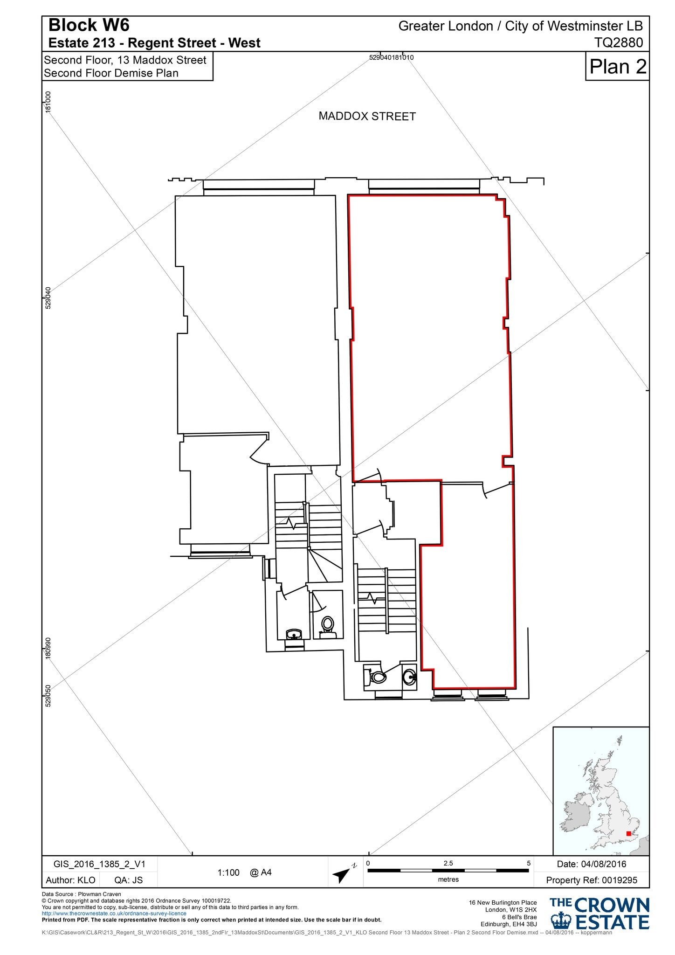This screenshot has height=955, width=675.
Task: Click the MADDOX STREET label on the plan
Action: tap(367, 116)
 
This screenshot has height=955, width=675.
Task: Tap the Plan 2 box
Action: tap(617, 66)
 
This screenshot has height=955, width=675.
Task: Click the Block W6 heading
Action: tap(89, 25)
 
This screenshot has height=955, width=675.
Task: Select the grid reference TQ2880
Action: tap(618, 42)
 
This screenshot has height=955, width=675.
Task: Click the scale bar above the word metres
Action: tap(448, 870)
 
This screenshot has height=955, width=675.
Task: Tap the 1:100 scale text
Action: tap(228, 872)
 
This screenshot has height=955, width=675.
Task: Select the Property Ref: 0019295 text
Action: tap(591, 880)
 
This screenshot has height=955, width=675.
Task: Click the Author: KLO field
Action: tap(70, 880)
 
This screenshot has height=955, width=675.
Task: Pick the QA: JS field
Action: tap(129, 880)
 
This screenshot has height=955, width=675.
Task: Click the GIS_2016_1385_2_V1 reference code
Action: tap(99, 864)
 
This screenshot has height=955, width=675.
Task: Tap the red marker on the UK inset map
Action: tap(628, 833)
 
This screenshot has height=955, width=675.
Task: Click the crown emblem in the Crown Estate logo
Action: tap(561, 921)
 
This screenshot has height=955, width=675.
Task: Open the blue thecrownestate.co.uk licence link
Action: tap(114, 913)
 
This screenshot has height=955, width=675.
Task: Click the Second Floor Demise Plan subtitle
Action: tap(111, 73)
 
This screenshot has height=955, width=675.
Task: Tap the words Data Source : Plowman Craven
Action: tap(81, 894)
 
